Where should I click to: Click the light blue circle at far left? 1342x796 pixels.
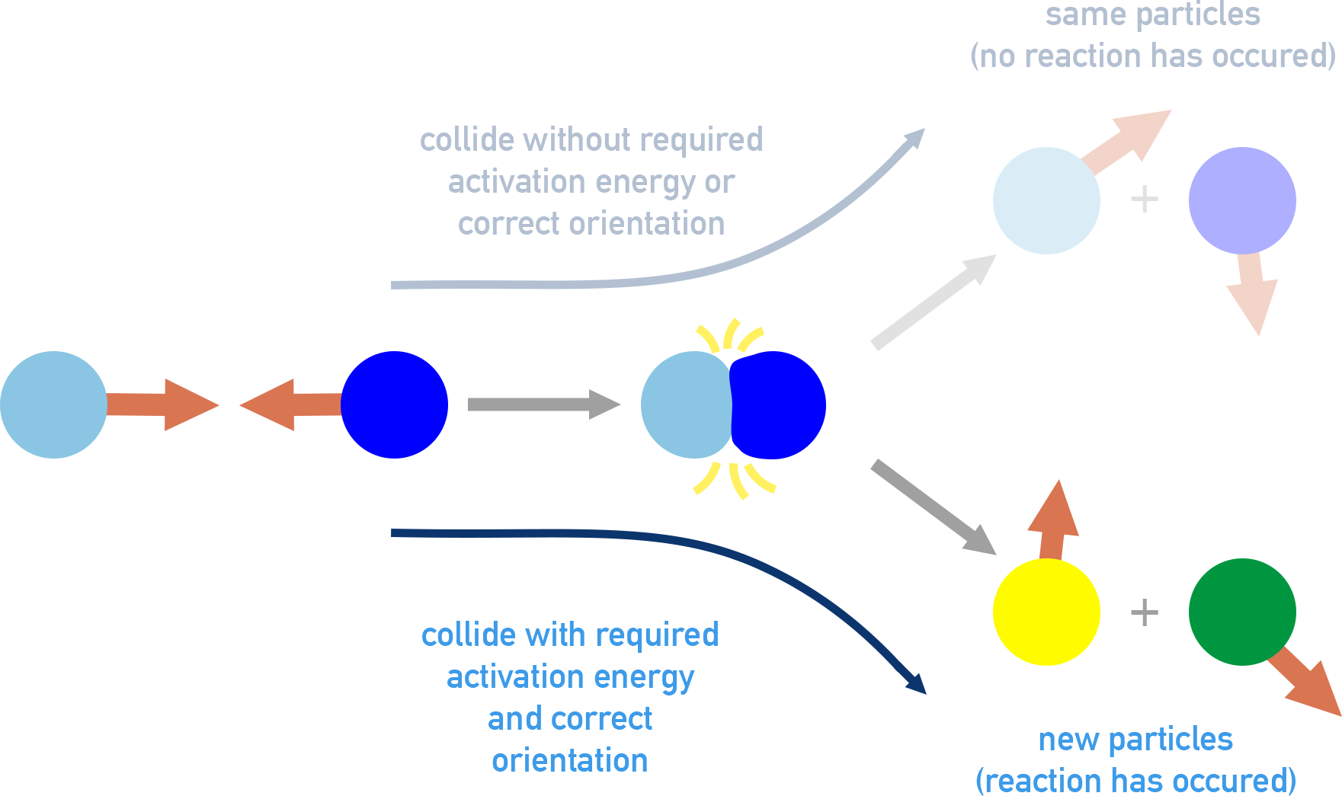coord(53,404)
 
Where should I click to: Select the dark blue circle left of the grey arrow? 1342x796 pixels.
coord(394,404)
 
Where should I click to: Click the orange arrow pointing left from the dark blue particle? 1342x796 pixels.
coord(293,404)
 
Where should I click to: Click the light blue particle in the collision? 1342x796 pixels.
coord(686,404)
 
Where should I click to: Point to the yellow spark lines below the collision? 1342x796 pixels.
coord(735,478)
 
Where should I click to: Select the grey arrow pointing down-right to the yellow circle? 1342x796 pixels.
coord(934,507)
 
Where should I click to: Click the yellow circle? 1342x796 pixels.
coord(1046,612)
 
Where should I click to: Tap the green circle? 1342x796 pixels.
coord(1242,612)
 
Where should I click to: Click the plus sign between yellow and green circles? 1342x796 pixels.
coord(1144,612)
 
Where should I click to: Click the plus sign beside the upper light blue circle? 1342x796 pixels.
coord(1144,200)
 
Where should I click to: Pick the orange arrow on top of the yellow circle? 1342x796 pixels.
coord(1054,522)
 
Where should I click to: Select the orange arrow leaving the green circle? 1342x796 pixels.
coord(1307,682)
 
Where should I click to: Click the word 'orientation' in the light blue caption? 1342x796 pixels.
coord(570,760)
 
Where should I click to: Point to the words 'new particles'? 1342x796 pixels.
coord(1135,739)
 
